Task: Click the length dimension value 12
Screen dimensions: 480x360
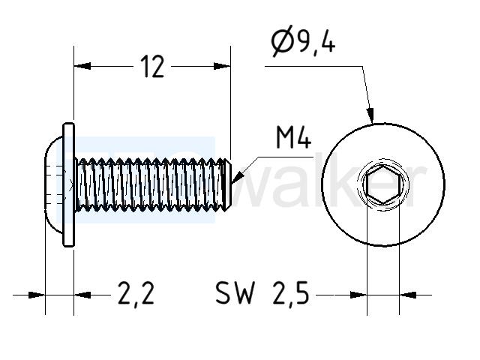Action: [152, 67]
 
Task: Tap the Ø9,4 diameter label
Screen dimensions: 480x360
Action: [303, 41]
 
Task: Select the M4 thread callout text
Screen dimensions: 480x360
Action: [293, 137]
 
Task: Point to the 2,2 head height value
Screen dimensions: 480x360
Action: [136, 293]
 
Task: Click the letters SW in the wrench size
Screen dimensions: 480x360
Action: [235, 293]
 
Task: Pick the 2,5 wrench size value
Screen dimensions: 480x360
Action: [291, 293]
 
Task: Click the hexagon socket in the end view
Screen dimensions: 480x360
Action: [383, 184]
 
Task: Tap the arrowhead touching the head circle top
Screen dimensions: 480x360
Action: [370, 115]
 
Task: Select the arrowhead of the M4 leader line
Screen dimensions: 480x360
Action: [238, 178]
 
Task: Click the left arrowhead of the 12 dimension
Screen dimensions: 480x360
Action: [82, 66]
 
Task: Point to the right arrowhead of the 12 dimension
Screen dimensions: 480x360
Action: [222, 66]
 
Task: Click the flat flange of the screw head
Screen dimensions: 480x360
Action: [68, 184]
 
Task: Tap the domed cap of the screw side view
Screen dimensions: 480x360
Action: [54, 184]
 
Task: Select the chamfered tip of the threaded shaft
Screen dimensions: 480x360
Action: [227, 184]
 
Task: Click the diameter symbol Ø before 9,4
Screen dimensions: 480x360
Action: [282, 41]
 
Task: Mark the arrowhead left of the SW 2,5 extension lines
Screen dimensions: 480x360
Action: [358, 295]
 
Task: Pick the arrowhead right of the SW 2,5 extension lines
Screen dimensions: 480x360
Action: [408, 295]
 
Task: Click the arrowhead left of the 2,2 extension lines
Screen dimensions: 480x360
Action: [37, 295]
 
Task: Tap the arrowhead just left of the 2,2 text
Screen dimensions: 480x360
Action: [82, 295]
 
